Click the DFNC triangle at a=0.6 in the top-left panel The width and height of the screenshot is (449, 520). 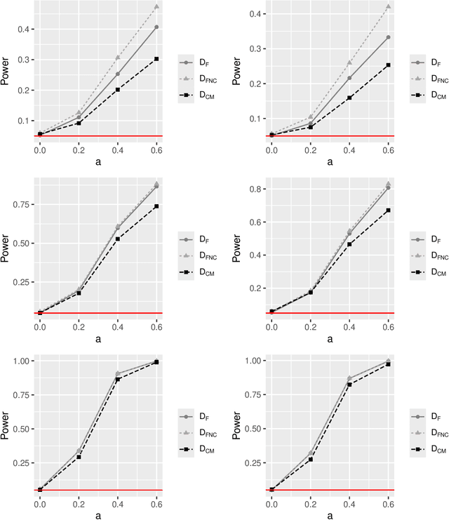point(156,7)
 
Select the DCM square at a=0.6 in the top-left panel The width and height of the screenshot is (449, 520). point(156,59)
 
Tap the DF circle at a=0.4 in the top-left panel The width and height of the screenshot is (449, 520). point(117,74)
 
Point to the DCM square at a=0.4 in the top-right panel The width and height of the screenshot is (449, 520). point(349,98)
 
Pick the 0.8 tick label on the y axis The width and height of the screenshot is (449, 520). point(257,189)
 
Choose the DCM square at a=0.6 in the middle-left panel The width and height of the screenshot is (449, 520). point(156,206)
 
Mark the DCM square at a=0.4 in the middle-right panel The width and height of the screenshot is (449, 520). point(349,244)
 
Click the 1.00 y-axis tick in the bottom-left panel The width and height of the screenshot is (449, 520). point(22,361)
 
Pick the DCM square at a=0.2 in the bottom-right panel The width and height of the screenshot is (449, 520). point(310,459)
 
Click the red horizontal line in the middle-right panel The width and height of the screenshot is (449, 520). point(330,313)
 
